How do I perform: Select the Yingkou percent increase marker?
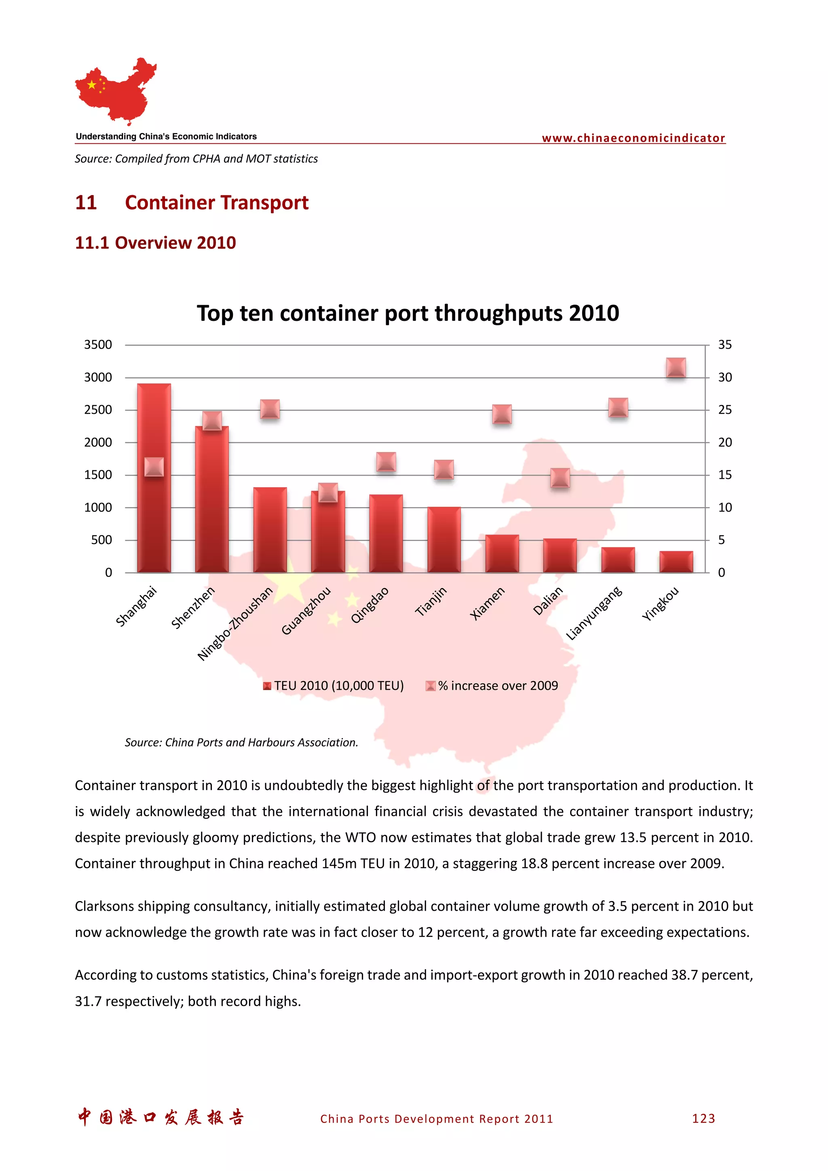676,368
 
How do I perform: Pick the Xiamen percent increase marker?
501,414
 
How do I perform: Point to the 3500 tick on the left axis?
98,345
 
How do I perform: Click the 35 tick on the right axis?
724,345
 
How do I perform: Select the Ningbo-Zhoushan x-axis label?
236,623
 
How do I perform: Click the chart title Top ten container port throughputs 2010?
408,313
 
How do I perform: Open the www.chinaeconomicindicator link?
633,138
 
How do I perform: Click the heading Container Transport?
216,202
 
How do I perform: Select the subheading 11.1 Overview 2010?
155,243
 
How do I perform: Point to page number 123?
703,1118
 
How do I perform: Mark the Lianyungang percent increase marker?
618,407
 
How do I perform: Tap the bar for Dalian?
560,556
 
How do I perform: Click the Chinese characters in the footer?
161,1117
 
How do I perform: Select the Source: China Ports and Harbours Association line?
241,743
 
